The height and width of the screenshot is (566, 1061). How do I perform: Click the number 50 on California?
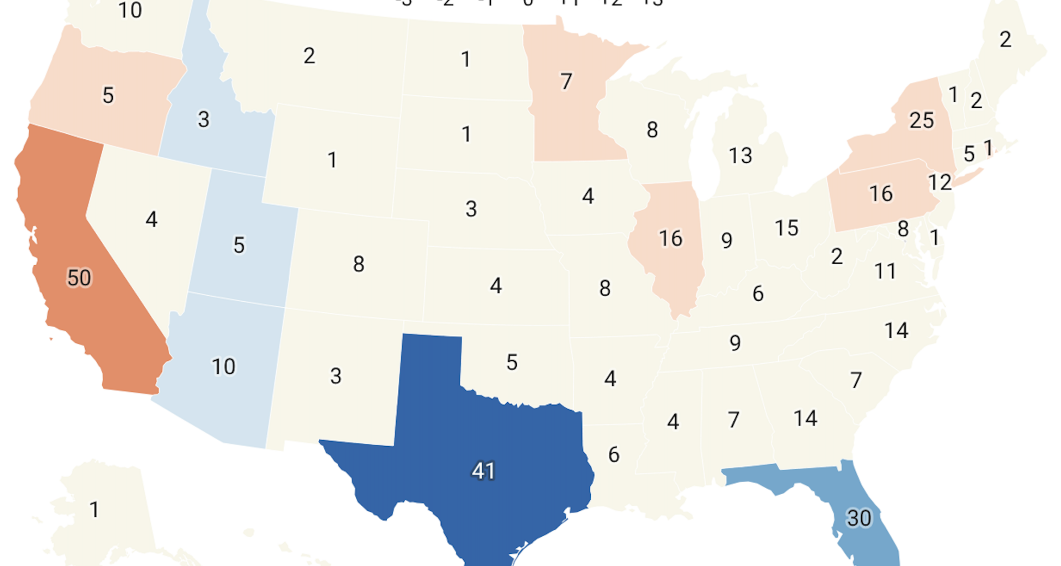pyautogui.click(x=79, y=277)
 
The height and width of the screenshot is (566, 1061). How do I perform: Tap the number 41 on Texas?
pyautogui.click(x=483, y=471)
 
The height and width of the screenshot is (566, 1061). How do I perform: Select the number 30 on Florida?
pyautogui.click(x=859, y=518)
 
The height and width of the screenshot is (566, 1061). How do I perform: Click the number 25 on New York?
pyautogui.click(x=921, y=120)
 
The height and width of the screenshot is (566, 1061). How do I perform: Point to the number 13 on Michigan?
pyautogui.click(x=740, y=155)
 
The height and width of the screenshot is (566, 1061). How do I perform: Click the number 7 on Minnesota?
pyautogui.click(x=566, y=82)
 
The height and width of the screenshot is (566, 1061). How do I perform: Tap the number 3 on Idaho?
pyautogui.click(x=203, y=119)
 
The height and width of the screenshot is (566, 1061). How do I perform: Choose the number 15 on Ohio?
pyautogui.click(x=786, y=228)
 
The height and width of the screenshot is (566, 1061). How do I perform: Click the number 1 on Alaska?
pyautogui.click(x=94, y=510)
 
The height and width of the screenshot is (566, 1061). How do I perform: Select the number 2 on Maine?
pyautogui.click(x=1005, y=39)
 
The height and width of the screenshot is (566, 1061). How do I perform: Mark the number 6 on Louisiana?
pyautogui.click(x=613, y=455)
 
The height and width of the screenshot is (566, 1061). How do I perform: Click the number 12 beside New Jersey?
pyautogui.click(x=939, y=182)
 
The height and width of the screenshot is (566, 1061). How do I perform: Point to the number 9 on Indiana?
pyautogui.click(x=727, y=240)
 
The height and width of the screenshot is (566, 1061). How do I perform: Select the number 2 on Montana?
pyautogui.click(x=309, y=56)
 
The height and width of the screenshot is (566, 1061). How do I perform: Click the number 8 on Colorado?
pyautogui.click(x=359, y=264)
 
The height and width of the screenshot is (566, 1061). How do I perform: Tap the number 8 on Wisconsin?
pyautogui.click(x=652, y=130)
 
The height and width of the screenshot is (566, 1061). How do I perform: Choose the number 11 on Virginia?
pyautogui.click(x=884, y=271)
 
